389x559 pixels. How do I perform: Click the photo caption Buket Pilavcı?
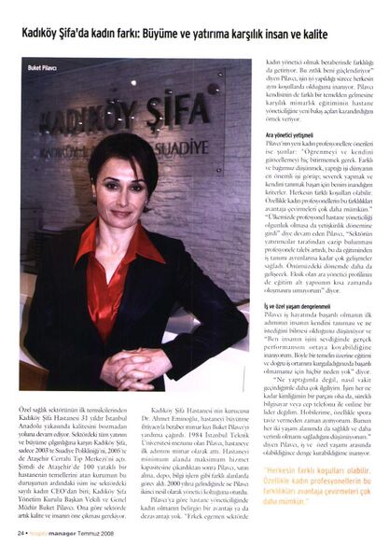[44, 68]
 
